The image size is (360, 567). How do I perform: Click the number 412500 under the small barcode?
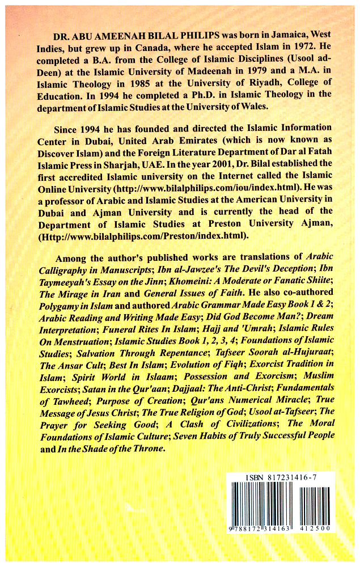point(317,528)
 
